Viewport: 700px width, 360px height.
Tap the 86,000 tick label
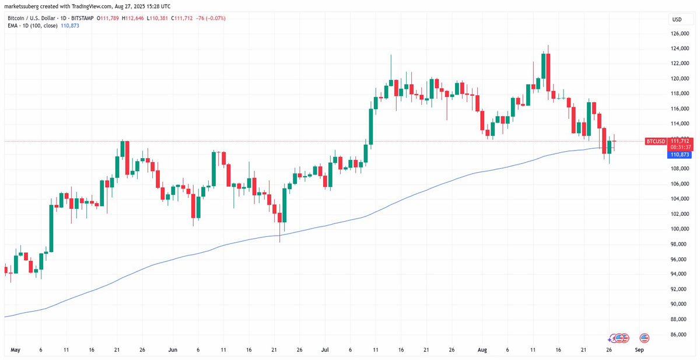[678, 334]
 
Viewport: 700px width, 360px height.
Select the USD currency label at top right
[677, 19]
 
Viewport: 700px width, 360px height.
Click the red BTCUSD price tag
[656, 141]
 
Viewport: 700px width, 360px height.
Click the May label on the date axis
[15, 350]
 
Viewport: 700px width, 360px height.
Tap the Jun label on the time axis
[173, 350]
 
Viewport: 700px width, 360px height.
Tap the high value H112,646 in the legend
[132, 19]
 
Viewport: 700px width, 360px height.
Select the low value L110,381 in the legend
[158, 19]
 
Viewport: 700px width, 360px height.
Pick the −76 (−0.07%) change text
[212, 19]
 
